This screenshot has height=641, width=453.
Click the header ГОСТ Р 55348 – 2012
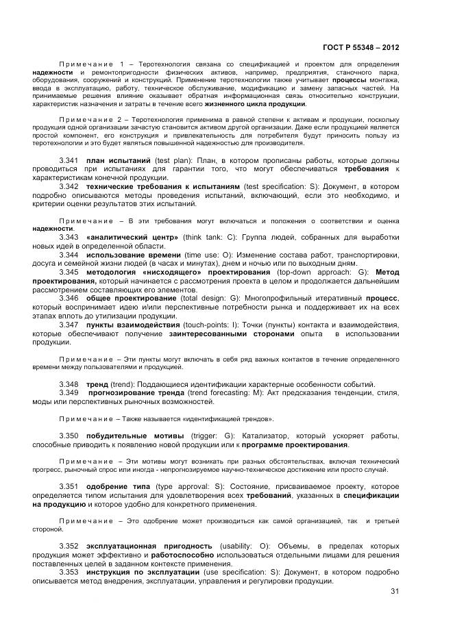[x=360, y=47]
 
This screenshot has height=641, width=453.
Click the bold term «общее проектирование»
[x=132, y=299]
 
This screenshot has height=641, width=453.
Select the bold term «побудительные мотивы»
[x=135, y=436]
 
